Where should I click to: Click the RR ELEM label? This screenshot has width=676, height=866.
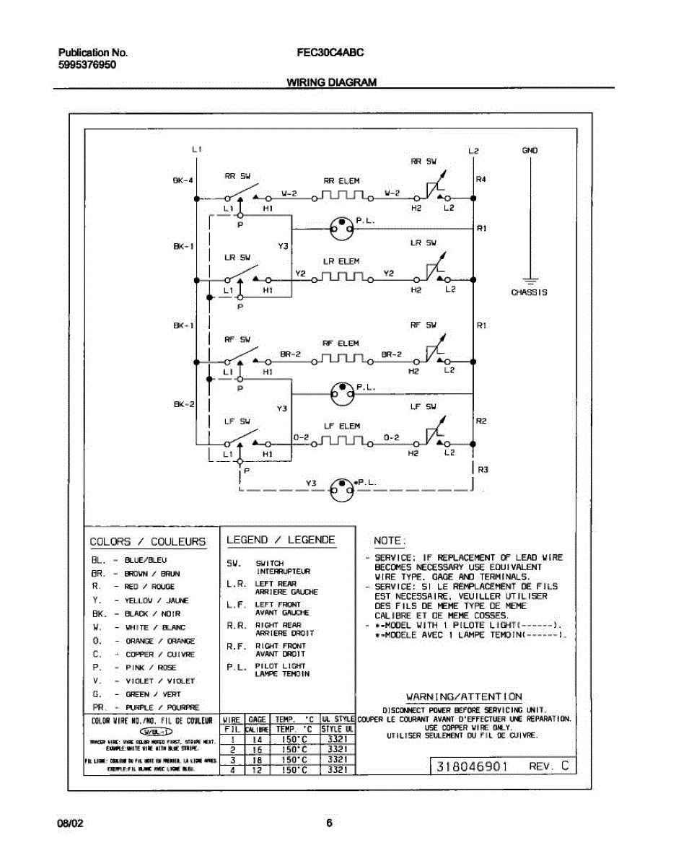[x=341, y=180]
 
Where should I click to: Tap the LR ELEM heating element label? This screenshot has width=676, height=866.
[x=341, y=261]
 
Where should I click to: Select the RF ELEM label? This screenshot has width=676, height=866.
[x=341, y=344]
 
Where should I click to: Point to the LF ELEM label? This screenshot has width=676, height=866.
[x=342, y=426]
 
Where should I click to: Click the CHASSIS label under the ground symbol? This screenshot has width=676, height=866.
[x=529, y=292]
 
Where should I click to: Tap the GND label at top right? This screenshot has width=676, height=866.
[x=530, y=151]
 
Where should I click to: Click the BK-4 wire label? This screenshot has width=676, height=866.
[x=183, y=180]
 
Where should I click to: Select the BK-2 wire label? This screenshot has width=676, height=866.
[x=183, y=405]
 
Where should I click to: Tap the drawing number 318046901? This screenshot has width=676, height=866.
[x=470, y=766]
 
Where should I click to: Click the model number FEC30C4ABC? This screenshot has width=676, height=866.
[x=330, y=53]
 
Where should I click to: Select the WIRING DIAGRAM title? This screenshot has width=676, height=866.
[x=332, y=82]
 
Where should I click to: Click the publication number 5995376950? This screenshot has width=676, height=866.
[x=87, y=64]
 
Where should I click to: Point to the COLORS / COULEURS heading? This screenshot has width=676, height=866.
[x=147, y=542]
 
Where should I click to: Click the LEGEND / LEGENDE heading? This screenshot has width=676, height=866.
[x=281, y=540]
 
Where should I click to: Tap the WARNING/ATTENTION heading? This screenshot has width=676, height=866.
[x=464, y=696]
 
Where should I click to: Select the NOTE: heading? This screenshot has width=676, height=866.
[x=390, y=541]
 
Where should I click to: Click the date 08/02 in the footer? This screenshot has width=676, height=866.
[x=71, y=823]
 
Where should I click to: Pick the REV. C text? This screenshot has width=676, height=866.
[x=549, y=766]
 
